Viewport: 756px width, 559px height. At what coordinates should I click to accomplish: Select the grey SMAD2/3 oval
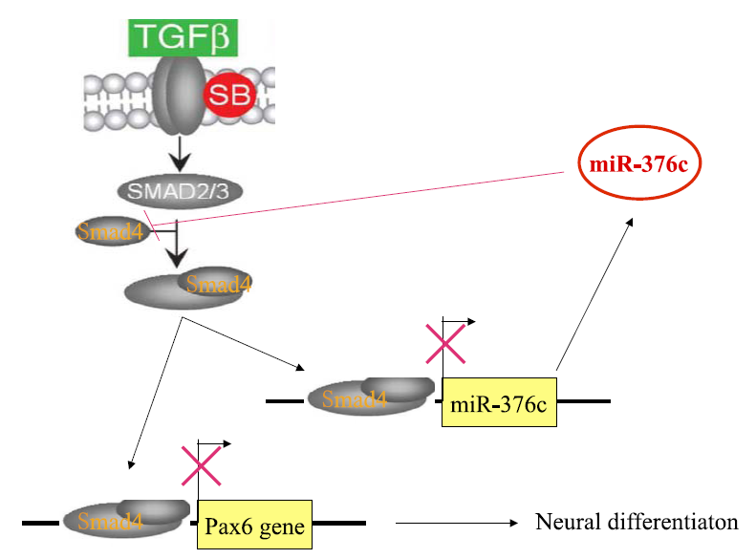tap(179, 189)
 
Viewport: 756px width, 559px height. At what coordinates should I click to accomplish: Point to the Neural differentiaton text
tap(637, 523)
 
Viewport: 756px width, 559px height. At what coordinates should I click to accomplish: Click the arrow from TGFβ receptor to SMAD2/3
tap(179, 151)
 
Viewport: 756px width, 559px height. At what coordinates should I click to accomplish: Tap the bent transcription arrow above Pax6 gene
tap(212, 445)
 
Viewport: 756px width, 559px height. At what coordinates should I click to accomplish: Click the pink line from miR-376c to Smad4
tap(363, 199)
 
